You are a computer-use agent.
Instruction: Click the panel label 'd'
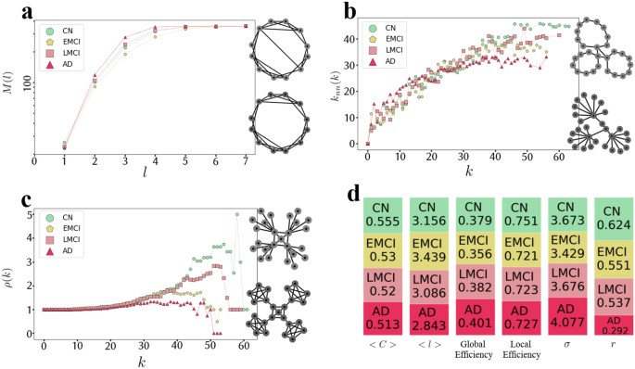tap(352, 195)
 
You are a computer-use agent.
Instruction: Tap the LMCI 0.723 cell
tap(521, 283)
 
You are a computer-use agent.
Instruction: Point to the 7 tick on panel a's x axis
tap(245, 160)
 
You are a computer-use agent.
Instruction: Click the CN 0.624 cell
tap(612, 217)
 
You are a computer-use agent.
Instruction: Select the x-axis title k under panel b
tap(470, 172)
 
